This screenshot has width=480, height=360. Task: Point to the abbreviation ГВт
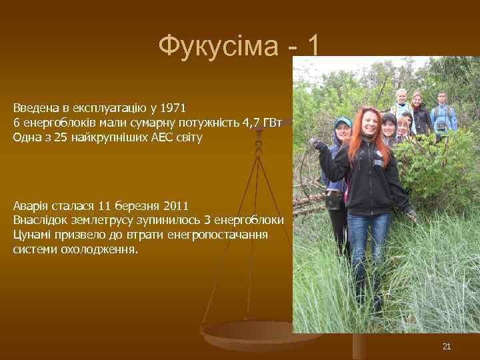click(273, 123)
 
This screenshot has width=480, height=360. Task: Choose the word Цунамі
click(33, 235)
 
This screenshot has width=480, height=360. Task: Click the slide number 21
click(447, 346)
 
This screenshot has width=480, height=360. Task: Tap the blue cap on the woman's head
click(343, 122)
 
